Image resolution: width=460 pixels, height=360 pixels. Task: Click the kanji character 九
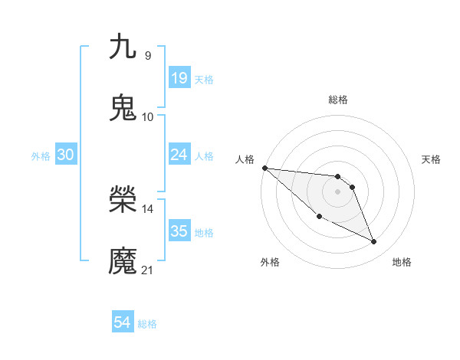pos(123,47)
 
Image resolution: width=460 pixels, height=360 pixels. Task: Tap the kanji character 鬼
pos(123,108)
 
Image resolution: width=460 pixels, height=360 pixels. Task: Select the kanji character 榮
pos(123,200)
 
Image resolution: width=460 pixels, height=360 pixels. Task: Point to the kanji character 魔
pos(123,261)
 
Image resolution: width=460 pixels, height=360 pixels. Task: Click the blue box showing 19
pos(179,77)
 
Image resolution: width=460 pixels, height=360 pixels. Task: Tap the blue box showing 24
pos(179,155)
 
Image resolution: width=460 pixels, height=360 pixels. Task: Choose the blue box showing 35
pos(179,231)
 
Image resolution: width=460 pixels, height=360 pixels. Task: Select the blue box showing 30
pos(66,155)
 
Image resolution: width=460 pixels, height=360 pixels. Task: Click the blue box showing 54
pos(123,322)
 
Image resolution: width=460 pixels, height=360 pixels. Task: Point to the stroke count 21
pos(147,270)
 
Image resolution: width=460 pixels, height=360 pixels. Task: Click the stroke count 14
pos(147,208)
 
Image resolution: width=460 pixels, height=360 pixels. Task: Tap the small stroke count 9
pos(147,55)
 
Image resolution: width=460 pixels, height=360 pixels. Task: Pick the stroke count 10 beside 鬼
pos(147,116)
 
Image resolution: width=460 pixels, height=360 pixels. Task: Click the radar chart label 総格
pos(338,100)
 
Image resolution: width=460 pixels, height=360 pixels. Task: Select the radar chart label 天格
pos(431,159)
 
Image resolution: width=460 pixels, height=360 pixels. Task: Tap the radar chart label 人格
pos(245,159)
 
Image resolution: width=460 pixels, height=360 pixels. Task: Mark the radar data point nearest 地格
pos(374,242)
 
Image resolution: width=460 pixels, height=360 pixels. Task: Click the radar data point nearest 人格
pos(264,168)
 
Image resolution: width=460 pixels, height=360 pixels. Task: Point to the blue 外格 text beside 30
pos(41,155)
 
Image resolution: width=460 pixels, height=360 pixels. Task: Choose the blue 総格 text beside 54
pos(147,324)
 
